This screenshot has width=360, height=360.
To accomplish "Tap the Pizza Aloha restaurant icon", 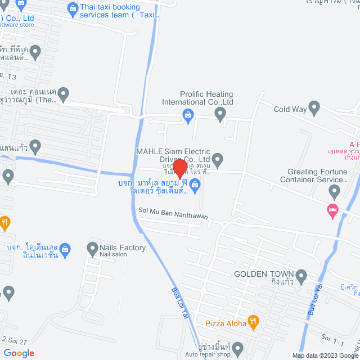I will coord(253,322).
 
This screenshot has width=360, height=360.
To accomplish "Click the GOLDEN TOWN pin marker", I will coord(301,277).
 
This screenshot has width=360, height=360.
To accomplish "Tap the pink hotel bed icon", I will coord(332,210).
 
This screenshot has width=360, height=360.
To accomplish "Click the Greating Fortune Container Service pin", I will coord(335,192).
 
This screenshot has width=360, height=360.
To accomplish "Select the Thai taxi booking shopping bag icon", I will coord(73,8).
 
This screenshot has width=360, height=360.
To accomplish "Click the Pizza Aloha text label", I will coord(225,323).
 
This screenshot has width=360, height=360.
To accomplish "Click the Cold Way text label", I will coord(289,110).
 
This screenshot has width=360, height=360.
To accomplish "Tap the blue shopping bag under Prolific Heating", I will coord(188,116).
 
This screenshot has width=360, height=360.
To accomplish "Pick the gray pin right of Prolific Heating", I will coord(220,115).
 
